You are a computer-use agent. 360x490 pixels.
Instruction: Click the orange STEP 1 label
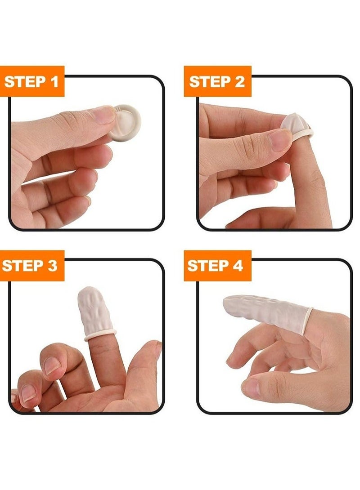tap(32, 82)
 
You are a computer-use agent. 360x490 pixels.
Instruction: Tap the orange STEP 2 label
tap(217, 82)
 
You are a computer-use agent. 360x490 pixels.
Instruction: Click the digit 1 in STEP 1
tap(54, 82)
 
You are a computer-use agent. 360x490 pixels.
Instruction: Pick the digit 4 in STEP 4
tap(237, 266)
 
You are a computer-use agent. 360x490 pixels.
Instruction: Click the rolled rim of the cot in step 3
tap(100, 335)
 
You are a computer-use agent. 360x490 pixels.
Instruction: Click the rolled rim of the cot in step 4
tap(308, 320)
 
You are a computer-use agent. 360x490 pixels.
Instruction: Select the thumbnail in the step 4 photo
tap(251, 387)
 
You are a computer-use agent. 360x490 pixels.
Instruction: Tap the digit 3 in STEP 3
tap(52, 266)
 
